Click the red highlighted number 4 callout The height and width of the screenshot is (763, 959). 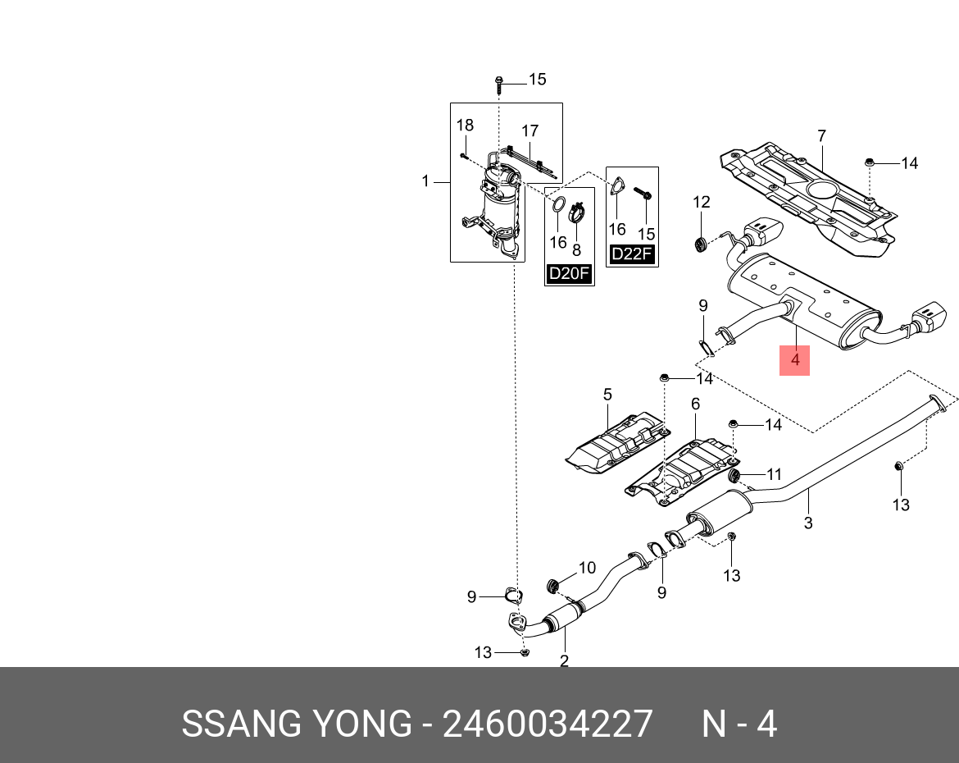pyautogui.click(x=794, y=359)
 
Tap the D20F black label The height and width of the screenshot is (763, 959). pyautogui.click(x=569, y=273)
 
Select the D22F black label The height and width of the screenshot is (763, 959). pyautogui.click(x=632, y=254)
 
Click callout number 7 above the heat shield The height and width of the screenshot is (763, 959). pyautogui.click(x=821, y=136)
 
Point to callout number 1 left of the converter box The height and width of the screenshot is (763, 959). pyautogui.click(x=425, y=180)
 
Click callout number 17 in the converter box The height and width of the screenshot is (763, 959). pyautogui.click(x=529, y=130)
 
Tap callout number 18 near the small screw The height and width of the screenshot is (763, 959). pyautogui.click(x=465, y=126)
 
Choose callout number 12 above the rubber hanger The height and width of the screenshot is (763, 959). pyautogui.click(x=701, y=202)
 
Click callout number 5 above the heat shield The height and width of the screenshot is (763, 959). pyautogui.click(x=607, y=395)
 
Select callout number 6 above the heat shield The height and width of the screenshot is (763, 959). pyautogui.click(x=695, y=404)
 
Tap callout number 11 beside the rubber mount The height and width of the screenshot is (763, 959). pyautogui.click(x=774, y=473)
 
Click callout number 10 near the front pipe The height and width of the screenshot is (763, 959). pyautogui.click(x=587, y=568)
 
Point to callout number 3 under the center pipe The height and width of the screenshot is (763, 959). pyautogui.click(x=808, y=522)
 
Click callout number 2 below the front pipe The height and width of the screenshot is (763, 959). pyautogui.click(x=564, y=660)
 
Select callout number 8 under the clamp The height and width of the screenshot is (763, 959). pyautogui.click(x=576, y=249)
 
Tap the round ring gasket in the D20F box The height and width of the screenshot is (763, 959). pyautogui.click(x=557, y=205)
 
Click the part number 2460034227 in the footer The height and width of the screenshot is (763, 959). pyautogui.click(x=548, y=724)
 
